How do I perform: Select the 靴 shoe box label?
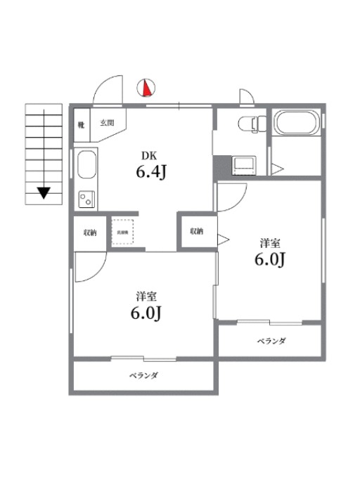point(82,124)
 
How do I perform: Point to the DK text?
point(150,156)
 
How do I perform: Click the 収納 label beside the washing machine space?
point(89,232)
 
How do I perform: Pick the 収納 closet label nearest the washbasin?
point(195,230)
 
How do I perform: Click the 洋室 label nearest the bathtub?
point(269,243)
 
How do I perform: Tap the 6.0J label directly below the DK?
point(147,313)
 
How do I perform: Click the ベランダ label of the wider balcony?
point(143,375)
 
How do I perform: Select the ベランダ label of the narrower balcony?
point(271,341)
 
